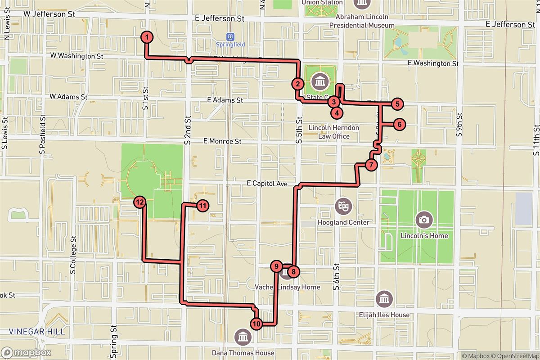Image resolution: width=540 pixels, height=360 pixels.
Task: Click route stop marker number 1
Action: pyautogui.click(x=147, y=37)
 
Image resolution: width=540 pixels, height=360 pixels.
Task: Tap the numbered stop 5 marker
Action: pyautogui.click(x=397, y=104)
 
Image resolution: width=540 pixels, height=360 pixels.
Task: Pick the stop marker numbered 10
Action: pyautogui.click(x=256, y=323)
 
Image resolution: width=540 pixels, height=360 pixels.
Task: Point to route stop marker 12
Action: pyautogui.click(x=140, y=202)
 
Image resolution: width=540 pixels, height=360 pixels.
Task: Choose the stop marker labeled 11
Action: pyautogui.click(x=203, y=206)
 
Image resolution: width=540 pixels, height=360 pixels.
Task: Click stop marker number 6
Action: pyautogui.click(x=399, y=124)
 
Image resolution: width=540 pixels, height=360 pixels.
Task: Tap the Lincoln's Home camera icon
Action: pyautogui.click(x=423, y=219)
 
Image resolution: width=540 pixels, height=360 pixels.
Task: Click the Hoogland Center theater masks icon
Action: pyautogui.click(x=343, y=207)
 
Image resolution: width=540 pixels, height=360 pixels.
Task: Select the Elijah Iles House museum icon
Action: pyautogui.click(x=386, y=299)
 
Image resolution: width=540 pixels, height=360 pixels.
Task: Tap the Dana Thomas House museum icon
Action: pyautogui.click(x=243, y=336)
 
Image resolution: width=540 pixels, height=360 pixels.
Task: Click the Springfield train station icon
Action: pyautogui.click(x=231, y=36)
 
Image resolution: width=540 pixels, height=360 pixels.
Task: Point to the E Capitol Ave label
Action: pyautogui.click(x=267, y=184)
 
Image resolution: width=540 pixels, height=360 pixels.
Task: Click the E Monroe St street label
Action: pyautogui.click(x=222, y=141)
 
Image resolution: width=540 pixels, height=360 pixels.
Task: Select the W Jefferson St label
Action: pyautogui.click(x=49, y=14)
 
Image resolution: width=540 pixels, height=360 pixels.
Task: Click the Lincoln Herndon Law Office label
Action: pyautogui.click(x=334, y=132)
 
